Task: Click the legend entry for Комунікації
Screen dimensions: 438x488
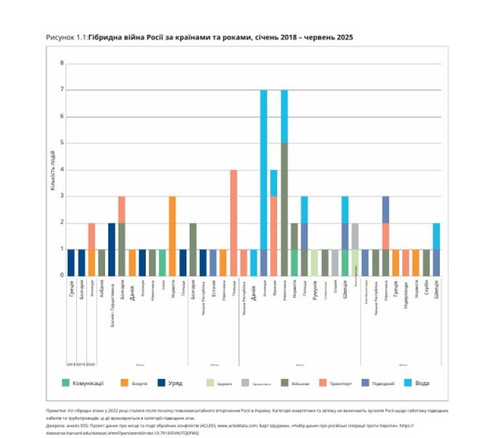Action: pyautogui.click(x=86, y=383)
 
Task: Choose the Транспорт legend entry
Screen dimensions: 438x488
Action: pyautogui.click(x=322, y=383)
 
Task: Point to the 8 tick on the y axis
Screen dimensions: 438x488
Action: pyautogui.click(x=62, y=64)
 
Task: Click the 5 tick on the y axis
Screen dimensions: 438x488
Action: pyautogui.click(x=62, y=143)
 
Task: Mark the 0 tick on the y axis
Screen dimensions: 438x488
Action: pyautogui.click(x=62, y=275)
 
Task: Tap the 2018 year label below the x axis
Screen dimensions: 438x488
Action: pyautogui.click(x=71, y=364)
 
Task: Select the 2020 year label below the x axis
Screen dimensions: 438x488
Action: pyautogui.click(x=91, y=364)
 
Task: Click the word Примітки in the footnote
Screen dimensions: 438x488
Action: pyautogui.click(x=56, y=410)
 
